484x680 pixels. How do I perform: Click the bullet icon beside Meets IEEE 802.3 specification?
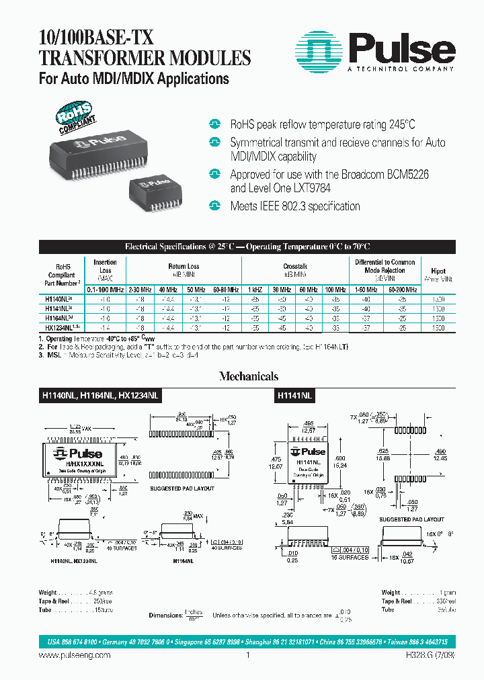[215, 206]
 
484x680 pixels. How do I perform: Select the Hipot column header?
[438, 271]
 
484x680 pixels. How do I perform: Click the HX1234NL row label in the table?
[60, 327]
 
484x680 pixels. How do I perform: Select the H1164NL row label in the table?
[58, 317]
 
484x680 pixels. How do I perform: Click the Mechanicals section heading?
[248, 377]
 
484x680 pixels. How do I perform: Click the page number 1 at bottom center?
[248, 655]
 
